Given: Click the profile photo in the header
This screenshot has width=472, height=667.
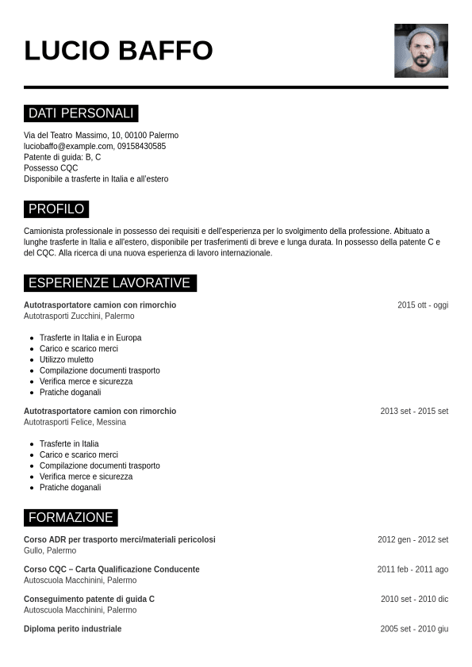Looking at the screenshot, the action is coord(420,51).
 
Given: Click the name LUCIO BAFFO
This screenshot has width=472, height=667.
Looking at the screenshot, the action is coord(118,50).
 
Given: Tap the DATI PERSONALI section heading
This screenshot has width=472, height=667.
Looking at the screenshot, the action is coord(81,113).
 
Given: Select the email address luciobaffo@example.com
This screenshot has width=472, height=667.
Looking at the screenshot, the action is coord(68,146).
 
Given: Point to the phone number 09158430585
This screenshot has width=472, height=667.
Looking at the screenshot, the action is coord(142,146).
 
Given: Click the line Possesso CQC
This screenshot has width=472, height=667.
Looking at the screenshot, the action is coord(51,168).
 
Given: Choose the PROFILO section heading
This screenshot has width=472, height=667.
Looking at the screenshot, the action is coord(56,209).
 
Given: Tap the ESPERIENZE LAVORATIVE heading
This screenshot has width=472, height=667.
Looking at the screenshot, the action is coord(109,283).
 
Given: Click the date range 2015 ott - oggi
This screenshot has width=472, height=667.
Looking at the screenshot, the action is coord(423,305).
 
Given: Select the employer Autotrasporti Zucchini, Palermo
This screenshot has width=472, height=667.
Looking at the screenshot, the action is coord(79,316).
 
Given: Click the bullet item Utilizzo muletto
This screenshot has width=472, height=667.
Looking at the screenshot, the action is coord(67,359).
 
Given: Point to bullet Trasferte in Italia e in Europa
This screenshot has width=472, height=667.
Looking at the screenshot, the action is coord(90,338).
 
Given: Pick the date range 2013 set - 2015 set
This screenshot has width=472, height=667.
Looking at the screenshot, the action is coord(414,412).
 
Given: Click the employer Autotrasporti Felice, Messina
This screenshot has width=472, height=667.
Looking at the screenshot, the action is coord(75,422).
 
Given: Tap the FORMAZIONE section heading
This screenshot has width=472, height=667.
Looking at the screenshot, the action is coord(71,518).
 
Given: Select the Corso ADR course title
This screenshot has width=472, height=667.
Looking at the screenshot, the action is coord(120,539).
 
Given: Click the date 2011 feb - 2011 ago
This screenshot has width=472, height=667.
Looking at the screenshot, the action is coord(413,569).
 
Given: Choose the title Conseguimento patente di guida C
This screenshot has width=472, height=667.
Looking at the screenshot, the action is coord(89,599).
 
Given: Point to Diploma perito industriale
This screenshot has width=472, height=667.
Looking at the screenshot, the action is coord(73,629).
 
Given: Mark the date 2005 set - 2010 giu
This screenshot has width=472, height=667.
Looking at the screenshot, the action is coord(414,629).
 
